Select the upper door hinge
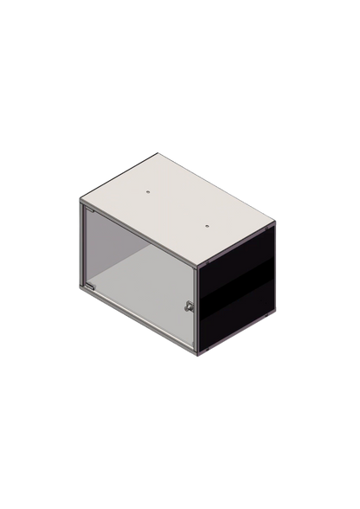coord(87,212)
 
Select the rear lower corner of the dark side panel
coord(275,313)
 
